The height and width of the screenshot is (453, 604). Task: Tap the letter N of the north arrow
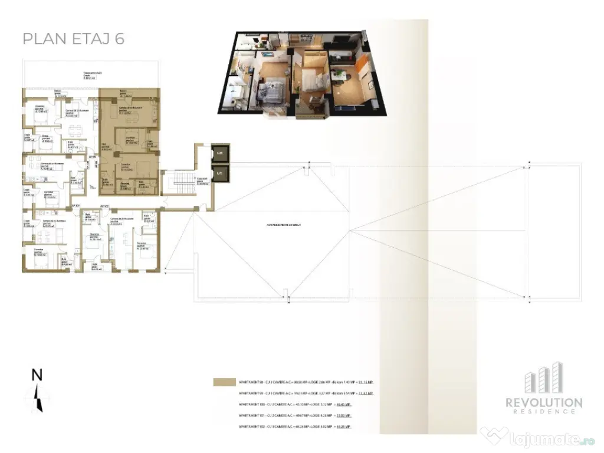37,375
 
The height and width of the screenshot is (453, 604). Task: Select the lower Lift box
219,173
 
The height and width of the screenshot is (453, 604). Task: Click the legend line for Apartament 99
305,393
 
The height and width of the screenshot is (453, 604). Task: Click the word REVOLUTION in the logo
544,402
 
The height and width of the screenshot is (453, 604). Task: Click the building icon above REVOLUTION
544,378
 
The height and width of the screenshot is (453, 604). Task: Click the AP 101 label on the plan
75,205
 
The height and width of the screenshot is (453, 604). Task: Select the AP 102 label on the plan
104,205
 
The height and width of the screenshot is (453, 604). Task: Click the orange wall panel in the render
361,64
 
